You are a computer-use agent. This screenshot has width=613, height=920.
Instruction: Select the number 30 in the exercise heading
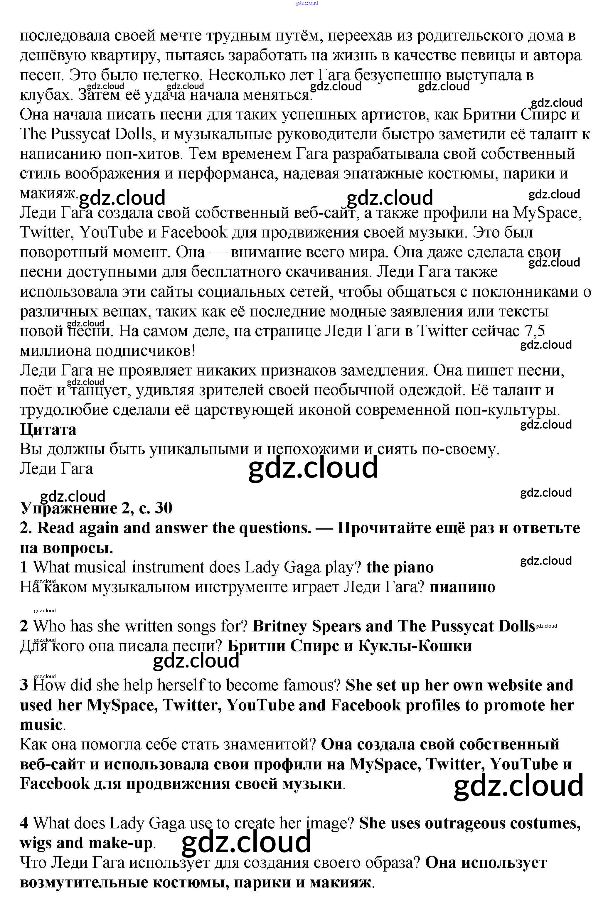pyautogui.click(x=164, y=508)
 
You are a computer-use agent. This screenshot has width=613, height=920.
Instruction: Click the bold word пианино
pyautogui.click(x=462, y=587)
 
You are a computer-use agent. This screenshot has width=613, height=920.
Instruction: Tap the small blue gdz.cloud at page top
pyautogui.click(x=306, y=3)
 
